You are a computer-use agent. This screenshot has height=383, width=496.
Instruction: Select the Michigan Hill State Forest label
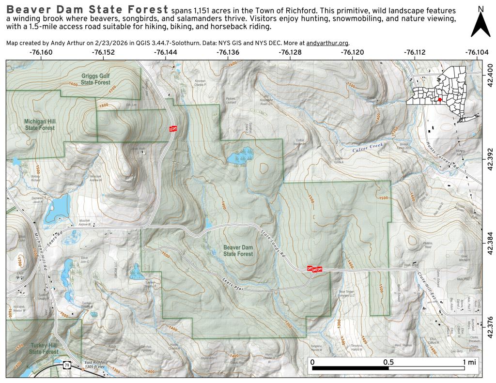click(40, 124)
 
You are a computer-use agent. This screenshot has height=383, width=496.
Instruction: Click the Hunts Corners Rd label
click(443, 154)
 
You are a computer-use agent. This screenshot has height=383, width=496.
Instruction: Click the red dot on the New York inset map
click(439, 100)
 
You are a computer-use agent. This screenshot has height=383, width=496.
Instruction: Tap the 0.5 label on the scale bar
click(387, 362)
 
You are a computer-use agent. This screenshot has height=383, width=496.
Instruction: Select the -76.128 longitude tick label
click(290, 52)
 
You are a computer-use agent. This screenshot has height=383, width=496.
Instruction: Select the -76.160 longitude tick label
click(41, 52)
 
